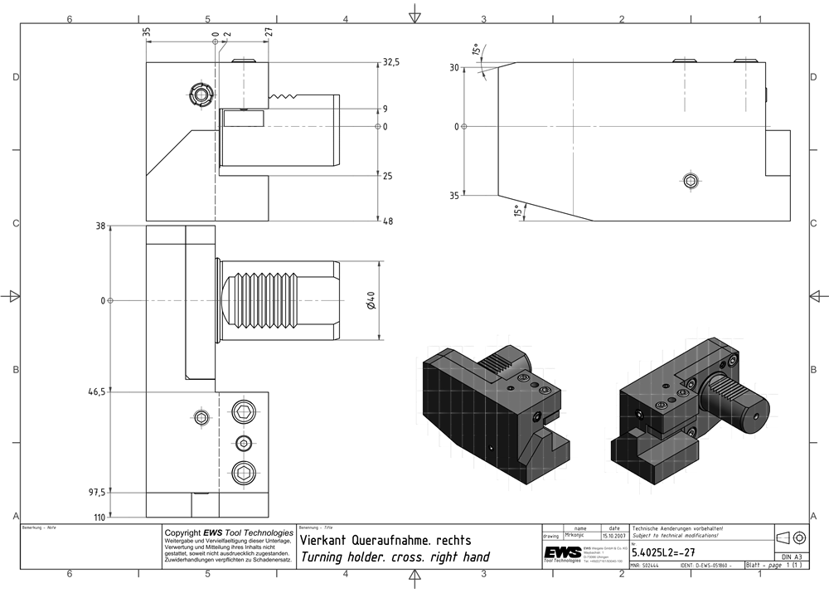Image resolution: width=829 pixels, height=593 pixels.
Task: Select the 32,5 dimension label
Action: pyautogui.click(x=391, y=62)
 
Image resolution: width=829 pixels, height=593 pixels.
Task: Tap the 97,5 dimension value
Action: pyautogui.click(x=97, y=493)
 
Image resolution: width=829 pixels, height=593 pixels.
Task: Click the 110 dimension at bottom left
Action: pyautogui.click(x=99, y=517)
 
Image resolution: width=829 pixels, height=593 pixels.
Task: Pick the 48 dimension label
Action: pyautogui.click(x=388, y=221)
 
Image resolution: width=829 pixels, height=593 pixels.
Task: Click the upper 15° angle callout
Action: pyautogui.click(x=477, y=51)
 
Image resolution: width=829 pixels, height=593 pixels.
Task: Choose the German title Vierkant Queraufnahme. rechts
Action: pyautogui.click(x=385, y=540)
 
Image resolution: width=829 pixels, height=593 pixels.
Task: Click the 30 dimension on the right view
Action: pyautogui.click(x=453, y=68)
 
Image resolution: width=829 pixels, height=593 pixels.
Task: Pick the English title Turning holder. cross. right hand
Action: pyautogui.click(x=395, y=557)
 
